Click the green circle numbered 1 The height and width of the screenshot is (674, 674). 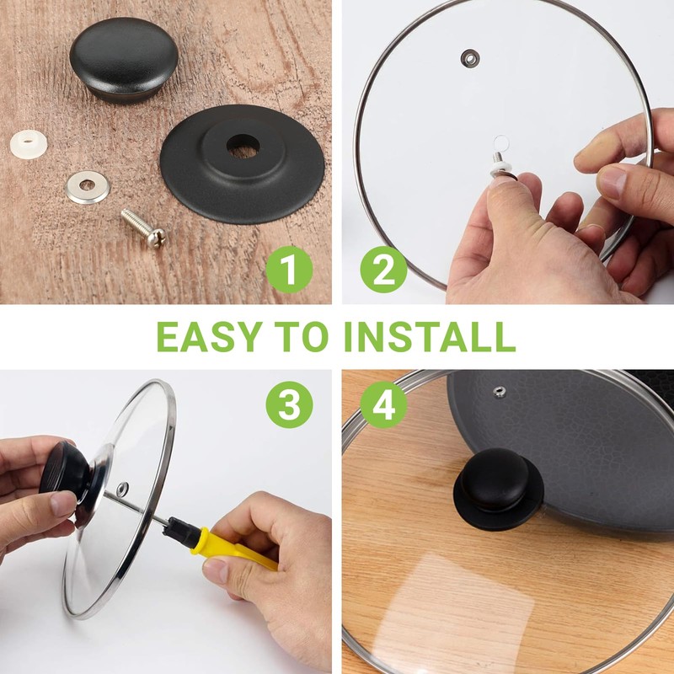tap(289, 270)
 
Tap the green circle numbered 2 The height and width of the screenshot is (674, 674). tap(383, 270)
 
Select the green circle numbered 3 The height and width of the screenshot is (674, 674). tap(289, 404)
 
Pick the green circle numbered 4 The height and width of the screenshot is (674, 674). tap(383, 404)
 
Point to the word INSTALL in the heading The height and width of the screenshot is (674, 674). tap(430, 336)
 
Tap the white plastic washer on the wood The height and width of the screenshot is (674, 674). tap(29, 143)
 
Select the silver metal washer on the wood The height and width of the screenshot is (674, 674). tap(88, 187)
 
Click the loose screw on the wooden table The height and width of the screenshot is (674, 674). tap(143, 228)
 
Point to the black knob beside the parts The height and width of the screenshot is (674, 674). tap(124, 60)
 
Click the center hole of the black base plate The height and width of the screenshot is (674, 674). tap(243, 146)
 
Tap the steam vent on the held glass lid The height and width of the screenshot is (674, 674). tap(470, 58)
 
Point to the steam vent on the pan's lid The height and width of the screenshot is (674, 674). tap(499, 392)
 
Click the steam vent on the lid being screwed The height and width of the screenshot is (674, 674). tap(122, 489)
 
